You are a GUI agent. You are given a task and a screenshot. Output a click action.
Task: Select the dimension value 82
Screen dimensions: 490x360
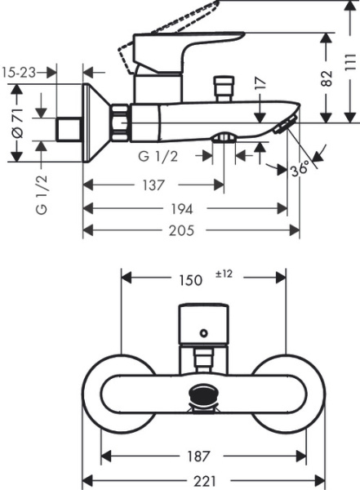[327, 78]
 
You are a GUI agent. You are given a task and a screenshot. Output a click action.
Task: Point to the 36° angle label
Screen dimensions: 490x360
[300, 170]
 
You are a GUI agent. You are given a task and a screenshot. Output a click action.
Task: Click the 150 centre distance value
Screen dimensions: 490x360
[190, 280]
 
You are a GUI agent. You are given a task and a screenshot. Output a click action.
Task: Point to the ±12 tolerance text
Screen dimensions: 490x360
[224, 275]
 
